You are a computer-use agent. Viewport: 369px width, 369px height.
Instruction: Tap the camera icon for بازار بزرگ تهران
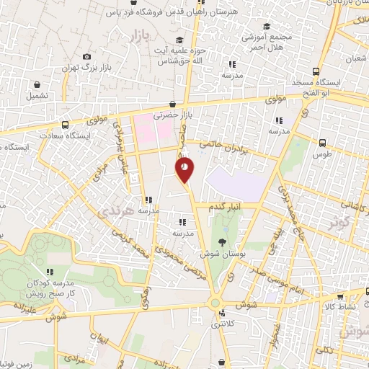pos(87,57)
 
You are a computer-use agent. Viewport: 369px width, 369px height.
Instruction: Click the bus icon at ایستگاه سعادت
pos(66,125)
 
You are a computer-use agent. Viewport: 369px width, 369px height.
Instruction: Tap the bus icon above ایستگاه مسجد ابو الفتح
pos(316,71)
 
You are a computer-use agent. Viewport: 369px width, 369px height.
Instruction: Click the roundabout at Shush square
pos(215,303)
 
